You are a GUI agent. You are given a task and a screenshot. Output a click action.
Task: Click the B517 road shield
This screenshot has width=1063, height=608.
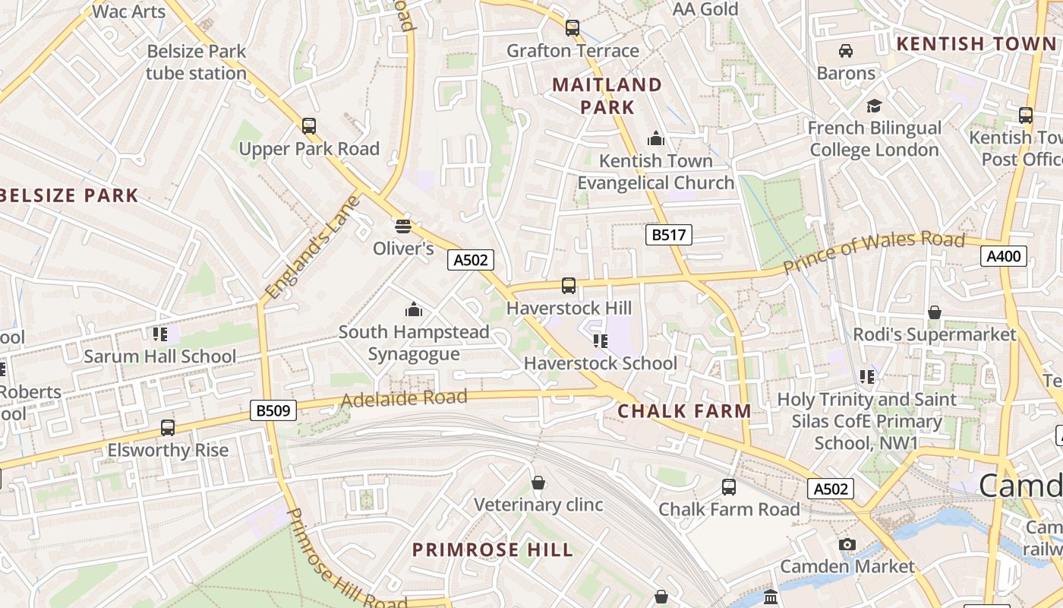[669, 235]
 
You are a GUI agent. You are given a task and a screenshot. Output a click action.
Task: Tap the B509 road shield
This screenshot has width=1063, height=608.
[273, 411]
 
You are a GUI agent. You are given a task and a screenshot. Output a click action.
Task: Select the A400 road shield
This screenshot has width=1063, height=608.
[1003, 256]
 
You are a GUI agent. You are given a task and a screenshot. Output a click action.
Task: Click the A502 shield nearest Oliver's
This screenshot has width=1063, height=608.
[470, 260]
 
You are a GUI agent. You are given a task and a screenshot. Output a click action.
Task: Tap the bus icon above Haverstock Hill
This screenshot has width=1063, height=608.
[569, 286]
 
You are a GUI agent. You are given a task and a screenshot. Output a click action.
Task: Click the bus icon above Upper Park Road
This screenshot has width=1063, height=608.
[309, 126]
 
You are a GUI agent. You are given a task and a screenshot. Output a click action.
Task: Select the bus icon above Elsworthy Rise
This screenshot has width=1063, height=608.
[168, 428]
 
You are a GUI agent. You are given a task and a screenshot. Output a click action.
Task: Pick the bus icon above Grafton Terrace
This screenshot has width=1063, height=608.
[573, 28]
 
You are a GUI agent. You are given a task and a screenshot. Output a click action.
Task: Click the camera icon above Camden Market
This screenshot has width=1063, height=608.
[847, 544]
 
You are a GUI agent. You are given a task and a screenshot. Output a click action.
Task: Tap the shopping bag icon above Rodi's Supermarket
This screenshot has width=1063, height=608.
[934, 312]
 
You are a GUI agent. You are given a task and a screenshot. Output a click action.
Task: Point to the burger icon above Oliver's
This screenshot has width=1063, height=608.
[402, 226]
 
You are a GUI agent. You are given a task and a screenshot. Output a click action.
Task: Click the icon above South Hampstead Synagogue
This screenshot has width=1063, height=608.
[414, 309]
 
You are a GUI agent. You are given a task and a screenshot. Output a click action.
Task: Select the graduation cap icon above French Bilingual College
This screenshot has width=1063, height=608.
[875, 106]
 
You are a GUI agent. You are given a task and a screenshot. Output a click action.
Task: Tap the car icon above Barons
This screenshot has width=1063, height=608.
[845, 51]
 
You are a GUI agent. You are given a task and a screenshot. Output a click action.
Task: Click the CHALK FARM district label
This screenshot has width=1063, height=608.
[684, 411]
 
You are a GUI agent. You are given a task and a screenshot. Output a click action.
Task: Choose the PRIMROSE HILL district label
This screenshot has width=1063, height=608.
[492, 549]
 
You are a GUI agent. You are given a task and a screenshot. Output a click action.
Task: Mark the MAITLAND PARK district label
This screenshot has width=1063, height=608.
[607, 95]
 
